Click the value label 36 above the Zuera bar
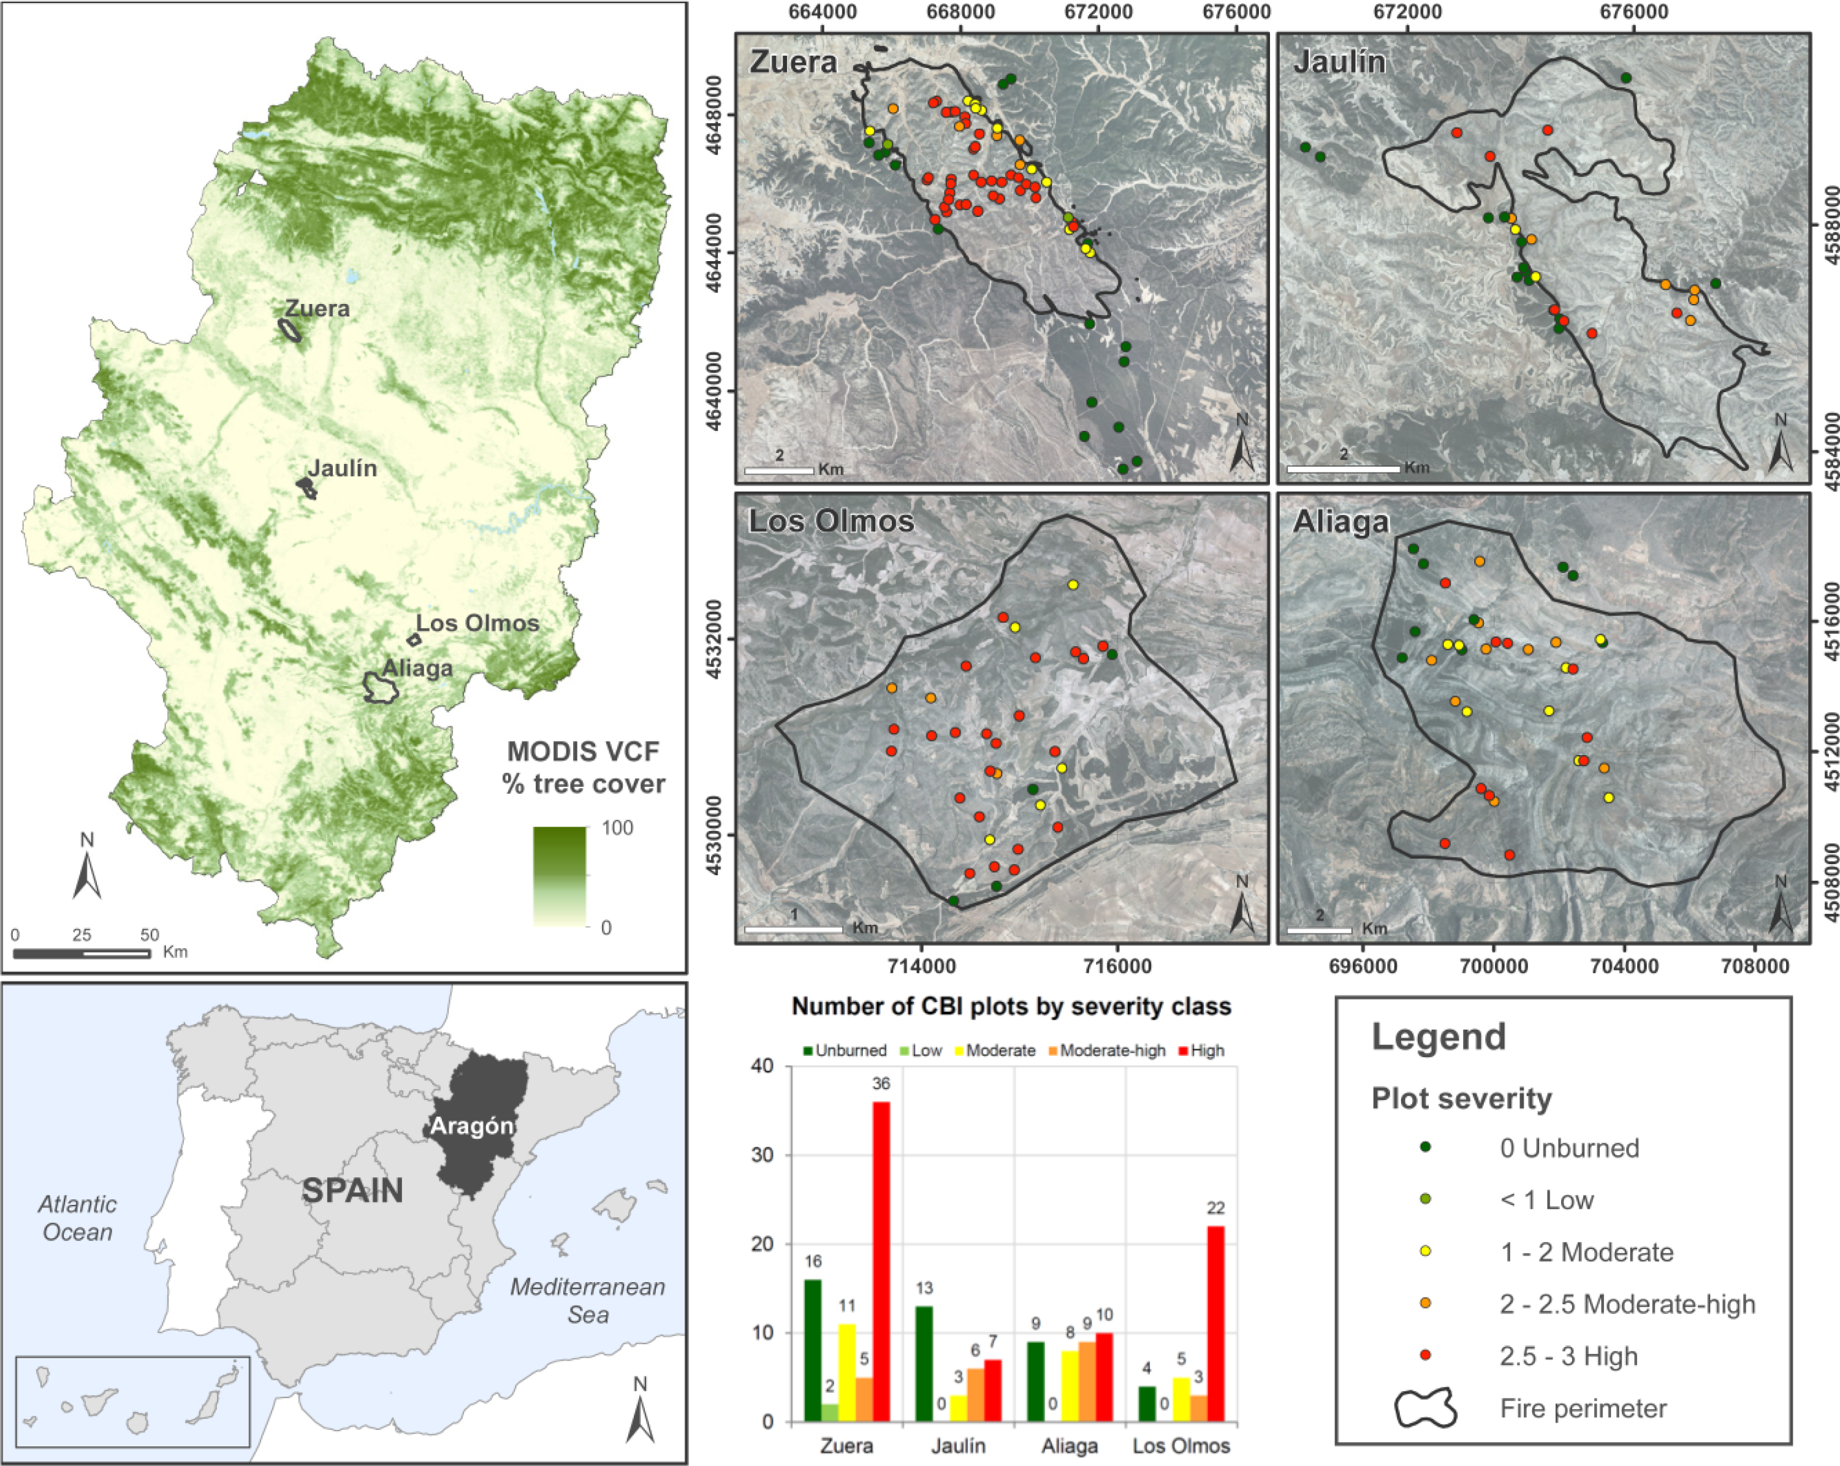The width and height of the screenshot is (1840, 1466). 881,1084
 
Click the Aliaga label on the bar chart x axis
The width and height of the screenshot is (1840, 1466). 1070,1446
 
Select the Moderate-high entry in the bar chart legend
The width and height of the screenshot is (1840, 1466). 1112,1050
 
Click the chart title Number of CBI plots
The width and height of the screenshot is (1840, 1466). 1011,1007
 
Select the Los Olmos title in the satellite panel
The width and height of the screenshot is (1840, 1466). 831,522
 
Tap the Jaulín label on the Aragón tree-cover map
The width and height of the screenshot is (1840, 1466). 342,468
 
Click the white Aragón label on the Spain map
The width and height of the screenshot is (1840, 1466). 471,1126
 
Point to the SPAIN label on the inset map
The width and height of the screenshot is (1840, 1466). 352,1190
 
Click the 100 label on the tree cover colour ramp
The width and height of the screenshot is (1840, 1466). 617,828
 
